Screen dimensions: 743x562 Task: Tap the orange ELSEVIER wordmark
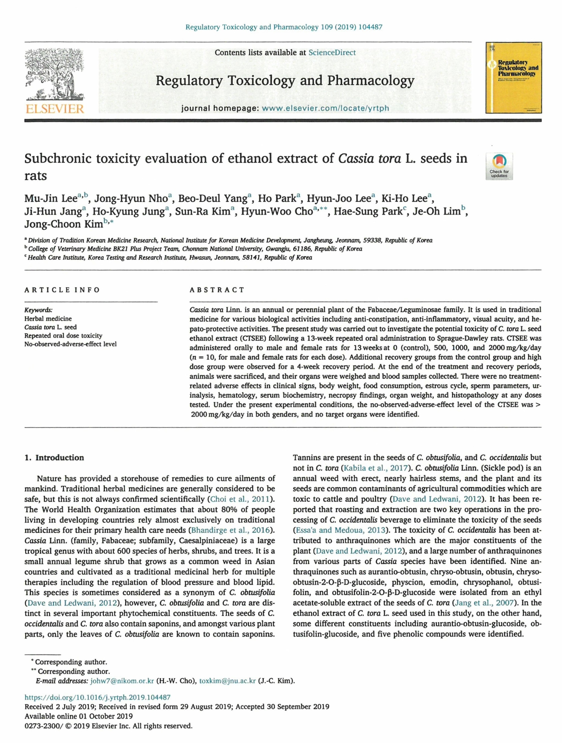click(x=54, y=109)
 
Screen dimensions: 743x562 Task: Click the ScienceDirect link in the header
click(x=332, y=52)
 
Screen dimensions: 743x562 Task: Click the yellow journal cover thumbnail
click(x=513, y=78)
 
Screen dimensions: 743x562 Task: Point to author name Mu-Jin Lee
click(x=51, y=199)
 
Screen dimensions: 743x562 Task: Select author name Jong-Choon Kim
click(x=63, y=224)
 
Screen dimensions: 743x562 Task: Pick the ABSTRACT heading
click(x=217, y=290)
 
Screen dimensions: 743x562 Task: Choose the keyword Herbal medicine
click(x=48, y=318)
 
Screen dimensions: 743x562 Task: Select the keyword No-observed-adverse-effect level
click(x=71, y=344)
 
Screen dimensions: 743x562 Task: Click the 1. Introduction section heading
click(x=54, y=457)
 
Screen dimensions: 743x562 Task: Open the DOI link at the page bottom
click(x=97, y=697)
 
